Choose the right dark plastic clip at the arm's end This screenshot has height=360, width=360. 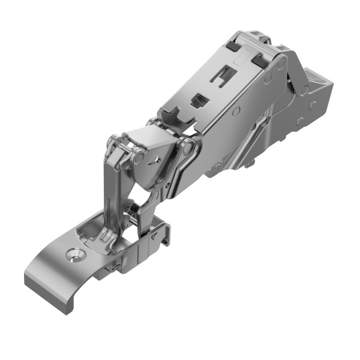260,59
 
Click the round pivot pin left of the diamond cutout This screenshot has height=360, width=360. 139,158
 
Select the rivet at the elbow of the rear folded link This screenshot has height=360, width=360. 304,89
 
